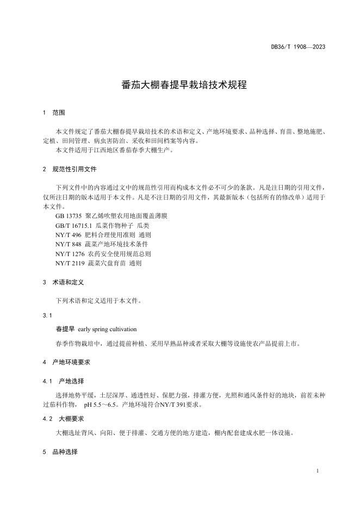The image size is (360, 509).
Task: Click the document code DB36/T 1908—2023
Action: pyautogui.click(x=298, y=47)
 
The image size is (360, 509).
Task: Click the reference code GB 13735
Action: pyautogui.click(x=69, y=216)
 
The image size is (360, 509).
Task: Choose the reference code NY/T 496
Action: pyautogui.click(x=68, y=235)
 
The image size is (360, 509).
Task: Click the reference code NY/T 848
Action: pyautogui.click(x=68, y=244)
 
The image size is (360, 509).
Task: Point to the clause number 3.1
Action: pyautogui.click(x=47, y=315)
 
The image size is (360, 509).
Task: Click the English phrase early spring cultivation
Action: pyautogui.click(x=107, y=329)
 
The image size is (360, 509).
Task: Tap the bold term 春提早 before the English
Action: pyautogui.click(x=65, y=329)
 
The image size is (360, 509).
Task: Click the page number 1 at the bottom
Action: pyautogui.click(x=316, y=470)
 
